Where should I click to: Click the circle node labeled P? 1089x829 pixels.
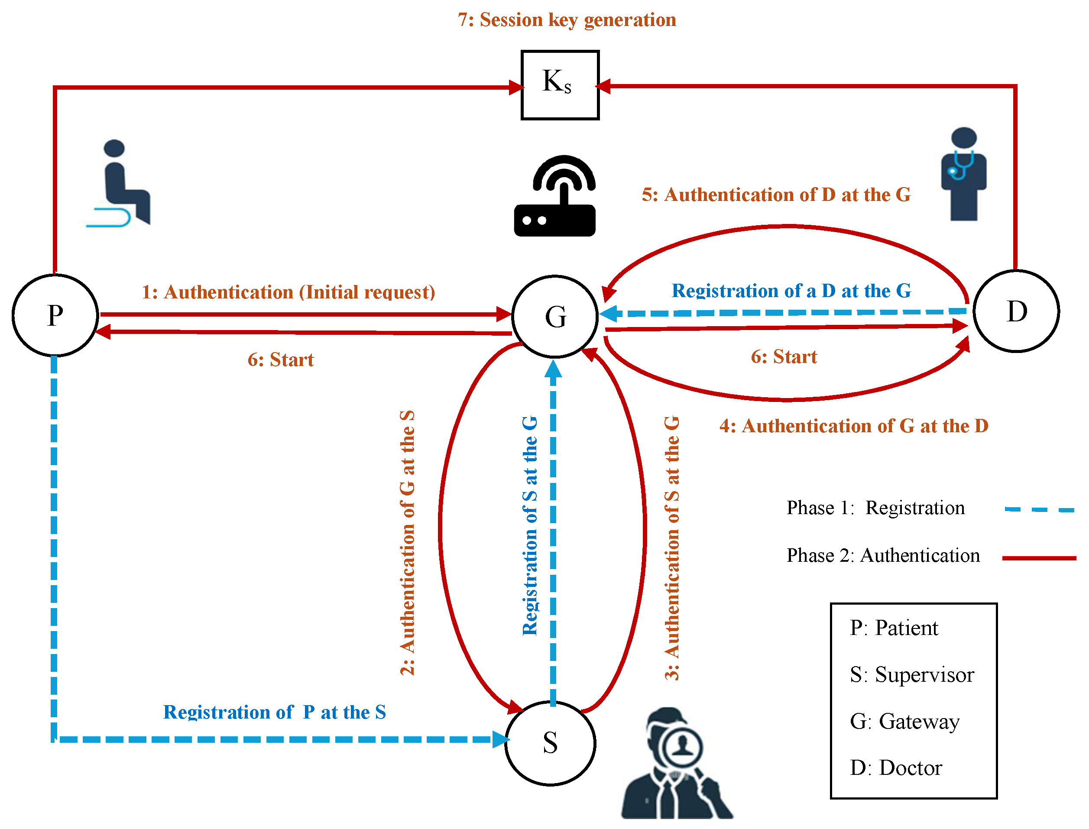(55, 315)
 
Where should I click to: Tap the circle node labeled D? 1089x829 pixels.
(1016, 311)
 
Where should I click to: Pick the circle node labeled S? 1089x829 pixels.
(550, 743)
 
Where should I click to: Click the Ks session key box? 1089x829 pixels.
(560, 85)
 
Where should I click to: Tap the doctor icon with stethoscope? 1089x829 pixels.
(963, 174)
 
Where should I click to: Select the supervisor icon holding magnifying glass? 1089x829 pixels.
(676, 765)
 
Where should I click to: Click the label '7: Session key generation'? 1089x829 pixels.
(567, 20)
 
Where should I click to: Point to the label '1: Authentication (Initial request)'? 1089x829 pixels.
(288, 292)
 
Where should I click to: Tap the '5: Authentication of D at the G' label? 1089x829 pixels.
(776, 195)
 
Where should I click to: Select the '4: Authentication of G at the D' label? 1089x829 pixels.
(854, 426)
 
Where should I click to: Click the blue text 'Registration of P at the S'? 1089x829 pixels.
(274, 712)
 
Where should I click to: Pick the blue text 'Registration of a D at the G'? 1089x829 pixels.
(791, 291)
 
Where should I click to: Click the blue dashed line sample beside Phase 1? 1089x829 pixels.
(1039, 509)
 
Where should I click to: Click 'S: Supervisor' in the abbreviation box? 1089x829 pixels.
(911, 674)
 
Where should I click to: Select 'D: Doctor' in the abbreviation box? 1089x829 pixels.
(895, 768)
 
